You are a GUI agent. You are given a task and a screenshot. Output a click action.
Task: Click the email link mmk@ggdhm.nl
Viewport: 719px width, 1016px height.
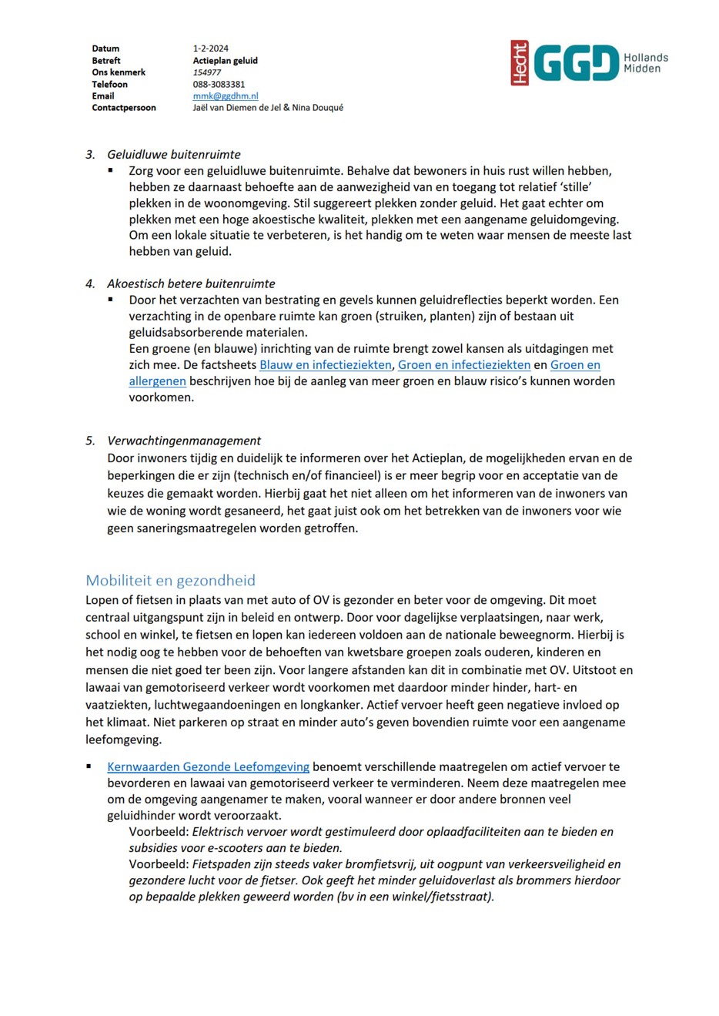[x=225, y=96]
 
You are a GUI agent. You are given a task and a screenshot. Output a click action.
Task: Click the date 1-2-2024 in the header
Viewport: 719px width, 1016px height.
[x=210, y=49]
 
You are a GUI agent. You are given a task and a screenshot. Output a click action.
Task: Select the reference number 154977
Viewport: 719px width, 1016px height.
[x=206, y=72]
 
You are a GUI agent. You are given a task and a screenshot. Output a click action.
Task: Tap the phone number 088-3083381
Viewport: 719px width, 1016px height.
[x=219, y=84]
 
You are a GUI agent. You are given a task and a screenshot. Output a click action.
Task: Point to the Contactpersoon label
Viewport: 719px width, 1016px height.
[x=123, y=108]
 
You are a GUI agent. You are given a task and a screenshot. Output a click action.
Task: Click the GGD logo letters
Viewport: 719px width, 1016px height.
[x=576, y=62]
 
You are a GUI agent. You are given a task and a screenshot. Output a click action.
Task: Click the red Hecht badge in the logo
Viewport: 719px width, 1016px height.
[x=520, y=62]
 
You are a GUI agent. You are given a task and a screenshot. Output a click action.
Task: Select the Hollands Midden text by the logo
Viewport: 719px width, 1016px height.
[x=645, y=63]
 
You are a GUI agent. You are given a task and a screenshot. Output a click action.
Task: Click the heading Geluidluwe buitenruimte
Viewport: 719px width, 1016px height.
[x=173, y=154]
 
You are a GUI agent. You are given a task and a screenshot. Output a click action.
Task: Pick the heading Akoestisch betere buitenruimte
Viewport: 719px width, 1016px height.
[x=190, y=283]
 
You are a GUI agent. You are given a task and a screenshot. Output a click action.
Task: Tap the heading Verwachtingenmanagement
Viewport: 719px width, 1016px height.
[x=183, y=441]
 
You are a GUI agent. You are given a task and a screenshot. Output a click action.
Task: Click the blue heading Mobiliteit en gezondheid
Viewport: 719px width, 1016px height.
[x=170, y=580]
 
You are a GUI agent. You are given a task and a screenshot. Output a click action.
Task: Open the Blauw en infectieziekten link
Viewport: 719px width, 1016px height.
[x=326, y=364]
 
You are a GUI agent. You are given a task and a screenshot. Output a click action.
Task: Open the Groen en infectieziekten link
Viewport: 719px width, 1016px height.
[x=463, y=364]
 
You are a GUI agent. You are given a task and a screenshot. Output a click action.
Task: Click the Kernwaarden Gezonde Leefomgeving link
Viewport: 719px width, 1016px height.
[x=208, y=766]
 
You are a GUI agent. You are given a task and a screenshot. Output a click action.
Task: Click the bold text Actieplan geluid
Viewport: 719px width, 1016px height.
[x=225, y=60]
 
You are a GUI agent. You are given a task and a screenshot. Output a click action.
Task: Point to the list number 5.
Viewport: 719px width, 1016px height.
[x=90, y=441]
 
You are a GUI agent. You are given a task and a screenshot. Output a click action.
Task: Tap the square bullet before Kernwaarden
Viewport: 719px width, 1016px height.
[x=89, y=766]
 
